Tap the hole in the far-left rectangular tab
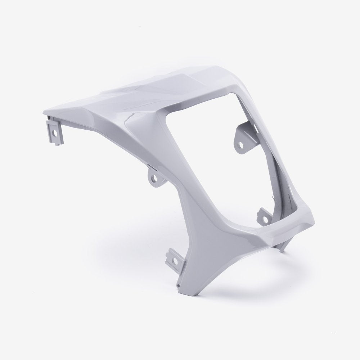tap(55, 132)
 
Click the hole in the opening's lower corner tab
tap(266, 219)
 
